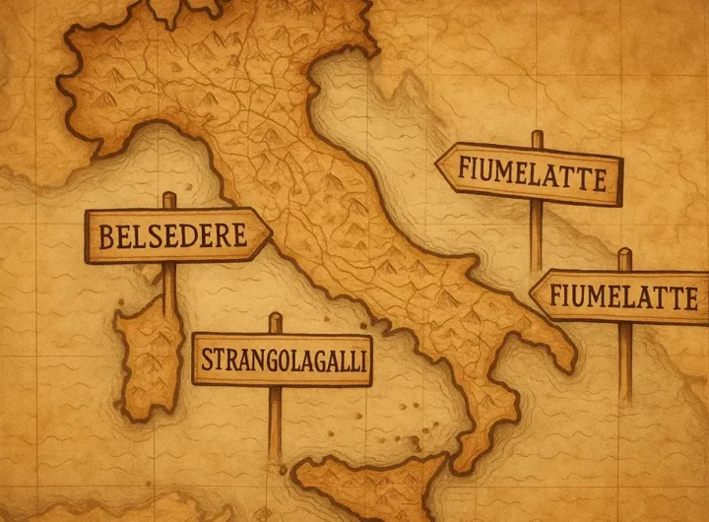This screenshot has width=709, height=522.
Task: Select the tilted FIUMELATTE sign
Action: coord(532,174)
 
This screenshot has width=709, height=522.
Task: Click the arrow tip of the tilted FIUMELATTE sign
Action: coord(438,166)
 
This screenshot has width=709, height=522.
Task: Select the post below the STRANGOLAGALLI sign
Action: coord(276,424)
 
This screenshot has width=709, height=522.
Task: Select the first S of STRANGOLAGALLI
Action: coord(207,360)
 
